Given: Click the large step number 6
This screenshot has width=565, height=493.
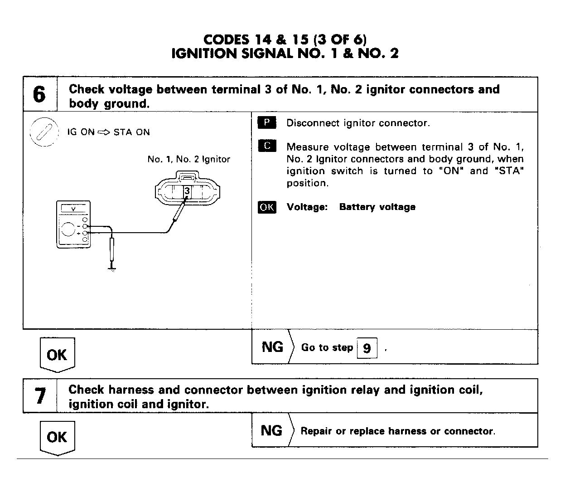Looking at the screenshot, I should click(x=39, y=95).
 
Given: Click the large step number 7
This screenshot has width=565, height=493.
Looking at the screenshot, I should click(x=40, y=396).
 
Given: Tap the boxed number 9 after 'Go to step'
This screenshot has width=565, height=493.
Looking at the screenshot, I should click(x=367, y=348).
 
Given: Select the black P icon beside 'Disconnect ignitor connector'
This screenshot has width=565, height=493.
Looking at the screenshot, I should click(x=267, y=122).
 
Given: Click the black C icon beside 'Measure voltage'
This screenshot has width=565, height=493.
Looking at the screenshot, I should click(x=267, y=146).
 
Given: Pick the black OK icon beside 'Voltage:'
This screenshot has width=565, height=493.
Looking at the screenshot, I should click(x=267, y=207).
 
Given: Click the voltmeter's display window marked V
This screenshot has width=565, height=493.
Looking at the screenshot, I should click(x=73, y=209).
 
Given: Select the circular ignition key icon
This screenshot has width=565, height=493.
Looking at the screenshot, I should click(x=44, y=132).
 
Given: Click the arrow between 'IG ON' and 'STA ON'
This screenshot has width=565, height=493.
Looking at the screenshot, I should click(x=104, y=132).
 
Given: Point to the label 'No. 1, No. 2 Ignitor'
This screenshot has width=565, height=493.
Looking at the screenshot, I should click(x=188, y=159).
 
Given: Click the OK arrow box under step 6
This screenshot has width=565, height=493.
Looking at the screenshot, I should click(x=57, y=354).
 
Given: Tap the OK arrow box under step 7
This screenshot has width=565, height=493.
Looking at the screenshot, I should click(x=57, y=437).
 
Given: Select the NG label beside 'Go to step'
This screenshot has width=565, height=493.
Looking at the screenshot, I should click(x=272, y=347).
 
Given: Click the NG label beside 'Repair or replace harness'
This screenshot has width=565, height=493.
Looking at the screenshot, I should click(x=271, y=430).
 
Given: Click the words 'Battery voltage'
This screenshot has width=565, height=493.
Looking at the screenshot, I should click(x=377, y=207).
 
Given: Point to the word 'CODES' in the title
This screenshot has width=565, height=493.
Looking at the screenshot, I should click(x=226, y=39).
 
